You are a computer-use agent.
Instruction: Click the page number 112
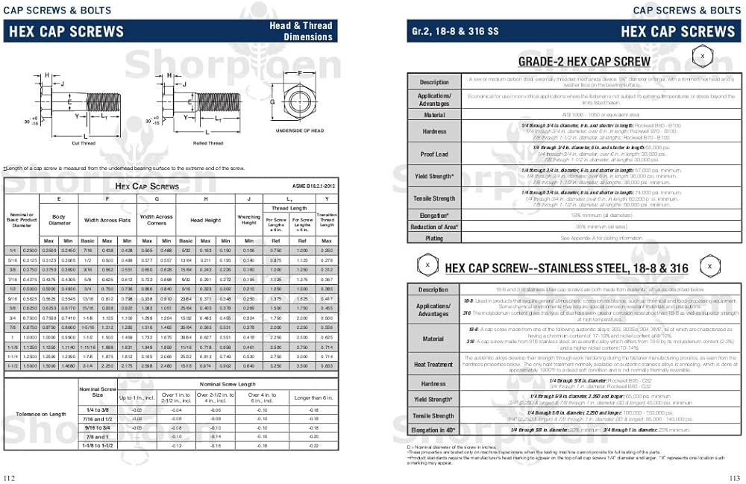10,478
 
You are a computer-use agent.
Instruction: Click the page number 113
735,478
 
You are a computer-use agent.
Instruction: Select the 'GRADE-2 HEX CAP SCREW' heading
584,61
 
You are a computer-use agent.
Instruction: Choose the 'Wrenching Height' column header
248,221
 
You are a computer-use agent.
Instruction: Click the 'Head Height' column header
205,220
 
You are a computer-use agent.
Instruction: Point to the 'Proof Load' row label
434,154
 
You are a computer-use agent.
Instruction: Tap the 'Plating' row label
434,238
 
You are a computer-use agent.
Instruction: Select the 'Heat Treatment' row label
434,365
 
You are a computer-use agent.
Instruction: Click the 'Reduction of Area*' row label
434,227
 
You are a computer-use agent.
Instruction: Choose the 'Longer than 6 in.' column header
313,397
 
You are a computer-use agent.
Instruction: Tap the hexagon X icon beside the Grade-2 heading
700,57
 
